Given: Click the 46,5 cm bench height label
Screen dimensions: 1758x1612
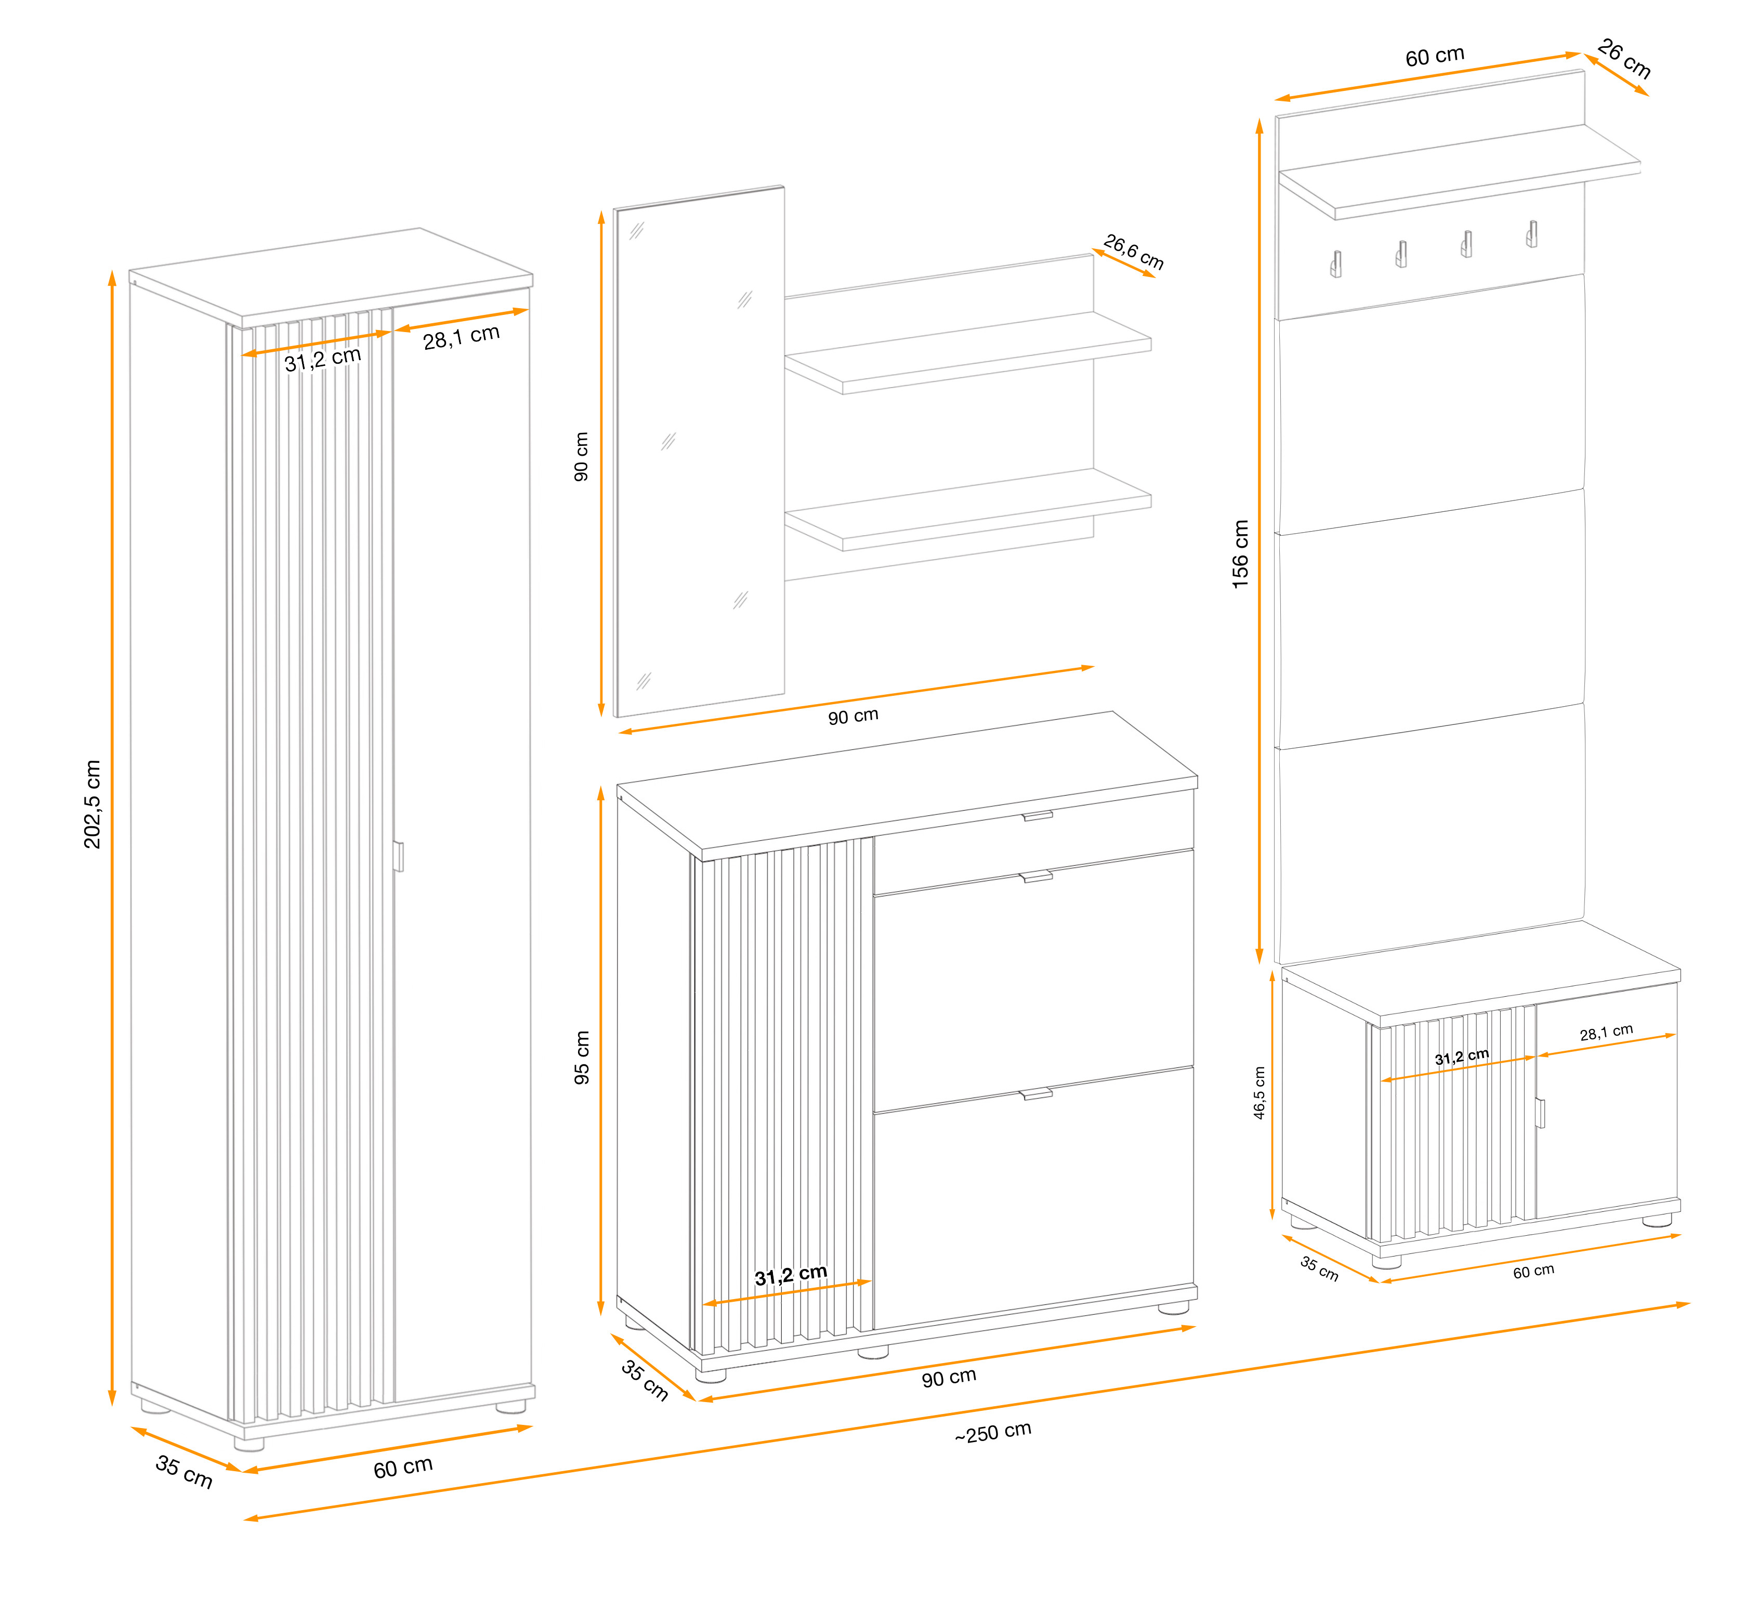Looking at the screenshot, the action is click(1259, 1092).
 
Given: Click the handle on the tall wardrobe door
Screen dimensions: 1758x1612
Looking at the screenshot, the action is click(399, 856).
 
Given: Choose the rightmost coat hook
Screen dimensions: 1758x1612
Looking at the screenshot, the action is click(1532, 234).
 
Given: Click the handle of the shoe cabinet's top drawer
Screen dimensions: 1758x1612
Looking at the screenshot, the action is click(1038, 815).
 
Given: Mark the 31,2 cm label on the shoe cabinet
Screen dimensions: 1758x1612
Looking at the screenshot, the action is click(791, 1275).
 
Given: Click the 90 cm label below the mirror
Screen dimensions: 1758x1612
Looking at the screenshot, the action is click(853, 716).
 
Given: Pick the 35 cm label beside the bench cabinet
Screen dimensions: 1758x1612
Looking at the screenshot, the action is click(1319, 1267).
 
